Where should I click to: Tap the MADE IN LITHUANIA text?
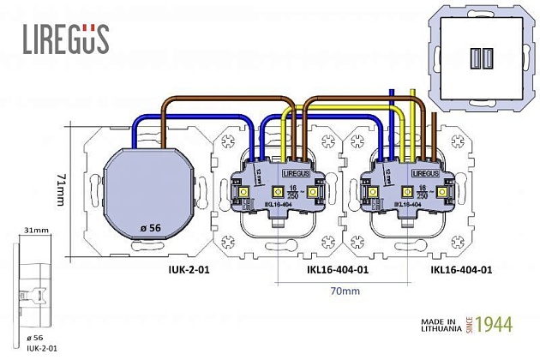pos(441,327)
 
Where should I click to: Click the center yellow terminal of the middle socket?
pos(278,193)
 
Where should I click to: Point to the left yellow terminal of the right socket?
pos(375,193)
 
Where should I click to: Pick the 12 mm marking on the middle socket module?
pos(258,179)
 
